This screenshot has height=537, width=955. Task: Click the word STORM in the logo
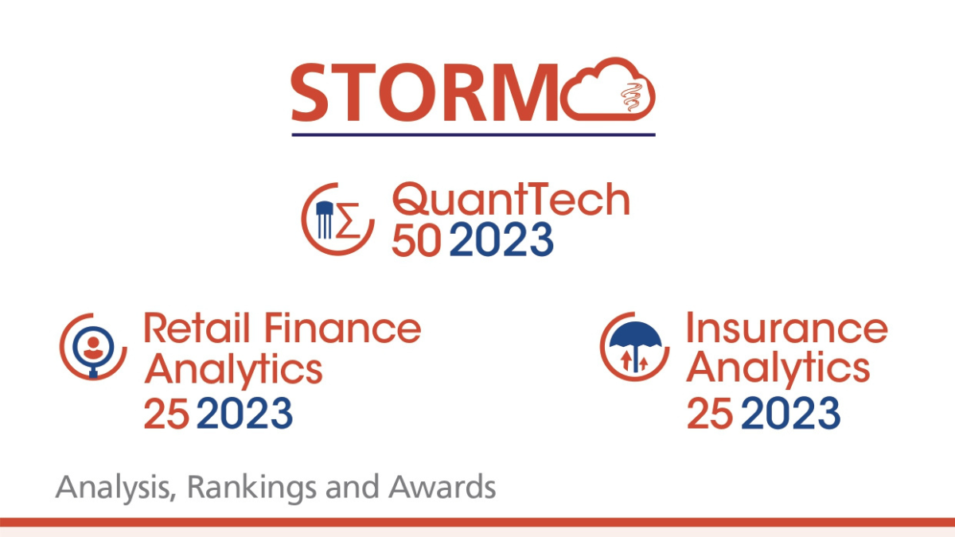point(424,92)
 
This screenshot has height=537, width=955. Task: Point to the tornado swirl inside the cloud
point(632,97)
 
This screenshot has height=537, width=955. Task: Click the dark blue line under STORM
point(474,134)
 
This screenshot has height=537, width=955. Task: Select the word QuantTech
point(511,199)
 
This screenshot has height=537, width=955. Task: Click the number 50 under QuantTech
point(415,240)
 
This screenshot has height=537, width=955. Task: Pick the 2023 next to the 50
point(501,240)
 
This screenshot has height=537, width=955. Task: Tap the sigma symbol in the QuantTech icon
point(349,220)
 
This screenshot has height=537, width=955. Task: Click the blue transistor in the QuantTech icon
point(325,220)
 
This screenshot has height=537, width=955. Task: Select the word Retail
point(197,328)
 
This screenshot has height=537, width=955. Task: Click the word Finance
point(343,328)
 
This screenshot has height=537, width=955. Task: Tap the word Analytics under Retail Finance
point(233,369)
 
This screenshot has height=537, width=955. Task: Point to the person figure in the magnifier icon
point(93,348)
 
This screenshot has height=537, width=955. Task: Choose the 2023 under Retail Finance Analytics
point(245,413)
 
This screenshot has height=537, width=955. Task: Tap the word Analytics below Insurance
point(778,369)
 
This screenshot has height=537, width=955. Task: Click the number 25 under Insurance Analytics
point(709,413)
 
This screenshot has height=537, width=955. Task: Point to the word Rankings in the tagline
point(251,487)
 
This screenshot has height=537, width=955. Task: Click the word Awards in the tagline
point(442,487)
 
